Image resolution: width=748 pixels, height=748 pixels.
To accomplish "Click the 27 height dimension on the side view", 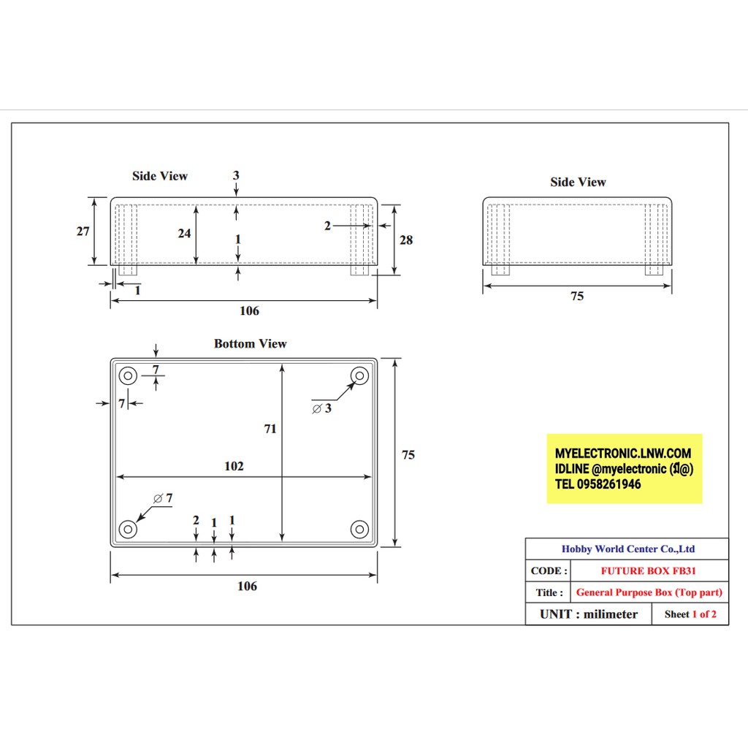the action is tap(83, 232).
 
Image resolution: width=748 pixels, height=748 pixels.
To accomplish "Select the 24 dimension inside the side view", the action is tap(185, 233).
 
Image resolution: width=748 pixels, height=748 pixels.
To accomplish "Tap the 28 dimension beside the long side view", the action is tap(406, 240).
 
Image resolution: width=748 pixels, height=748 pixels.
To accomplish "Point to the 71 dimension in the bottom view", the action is tap(270, 429).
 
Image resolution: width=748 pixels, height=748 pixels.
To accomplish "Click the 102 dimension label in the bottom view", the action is tap(234, 466).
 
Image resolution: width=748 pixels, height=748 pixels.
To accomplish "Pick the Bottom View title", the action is tap(251, 343).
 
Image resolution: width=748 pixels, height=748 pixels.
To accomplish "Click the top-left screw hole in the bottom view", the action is tap(128, 376).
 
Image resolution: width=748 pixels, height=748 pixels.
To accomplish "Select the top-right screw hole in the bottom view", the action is tap(359, 376).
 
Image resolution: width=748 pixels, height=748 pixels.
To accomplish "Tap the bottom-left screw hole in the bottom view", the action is tap(128, 529).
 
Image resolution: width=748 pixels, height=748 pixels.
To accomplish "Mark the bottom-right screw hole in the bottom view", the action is tap(359, 529).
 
